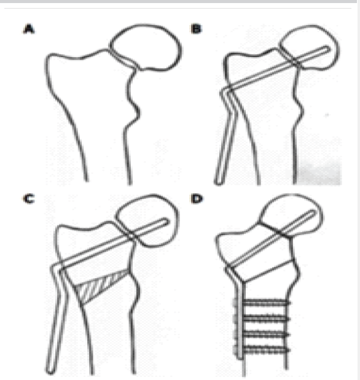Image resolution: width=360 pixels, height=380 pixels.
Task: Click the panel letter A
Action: pos(29,29)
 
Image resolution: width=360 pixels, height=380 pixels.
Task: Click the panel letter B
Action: pos(196,29)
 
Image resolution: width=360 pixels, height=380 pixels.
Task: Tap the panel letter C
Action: pos(29,199)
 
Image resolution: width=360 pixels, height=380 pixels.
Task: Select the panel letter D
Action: pos(197,199)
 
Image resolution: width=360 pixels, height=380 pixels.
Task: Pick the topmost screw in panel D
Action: pos(266,303)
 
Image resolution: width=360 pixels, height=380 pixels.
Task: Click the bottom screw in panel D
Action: pos(266,350)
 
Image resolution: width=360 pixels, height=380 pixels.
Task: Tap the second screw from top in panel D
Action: pos(266,319)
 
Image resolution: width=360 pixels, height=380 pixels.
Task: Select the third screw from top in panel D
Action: pos(266,335)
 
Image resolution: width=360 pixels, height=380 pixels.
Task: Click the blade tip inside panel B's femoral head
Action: pos(328,48)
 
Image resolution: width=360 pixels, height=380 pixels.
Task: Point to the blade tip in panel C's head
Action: pos(166,221)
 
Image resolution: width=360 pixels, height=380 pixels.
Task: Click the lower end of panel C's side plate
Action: pos(50,371)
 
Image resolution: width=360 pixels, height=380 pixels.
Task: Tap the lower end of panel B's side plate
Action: pos(218,182)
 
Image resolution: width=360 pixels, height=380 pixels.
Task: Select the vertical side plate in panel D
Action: pos(240,322)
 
